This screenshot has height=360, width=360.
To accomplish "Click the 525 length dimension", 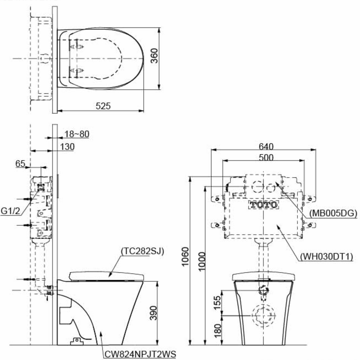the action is tap(103, 106).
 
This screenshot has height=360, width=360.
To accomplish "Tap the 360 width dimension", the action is tap(154, 56).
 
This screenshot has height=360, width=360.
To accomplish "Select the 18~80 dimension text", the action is tap(77, 134).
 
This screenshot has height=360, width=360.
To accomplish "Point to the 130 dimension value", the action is tap(67, 147).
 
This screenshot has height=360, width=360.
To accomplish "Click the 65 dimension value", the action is tap(20, 164).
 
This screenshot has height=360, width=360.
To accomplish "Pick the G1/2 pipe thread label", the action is tap(10, 211).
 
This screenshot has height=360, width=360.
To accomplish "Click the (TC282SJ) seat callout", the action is tap(143, 251).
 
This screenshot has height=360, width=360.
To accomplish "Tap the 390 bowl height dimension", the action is tap(154, 313).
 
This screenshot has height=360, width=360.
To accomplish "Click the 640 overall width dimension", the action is tap(266, 147).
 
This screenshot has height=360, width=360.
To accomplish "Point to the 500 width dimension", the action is tap(266, 158).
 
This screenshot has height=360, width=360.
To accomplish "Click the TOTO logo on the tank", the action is tap(264, 204).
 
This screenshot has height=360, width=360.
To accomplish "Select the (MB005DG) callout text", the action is tap(333, 213).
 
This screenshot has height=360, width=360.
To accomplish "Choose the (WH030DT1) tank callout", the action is tap(327, 256).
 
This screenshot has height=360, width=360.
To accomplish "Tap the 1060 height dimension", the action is tap(185, 256).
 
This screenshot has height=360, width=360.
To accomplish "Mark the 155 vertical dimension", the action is tap(217, 303).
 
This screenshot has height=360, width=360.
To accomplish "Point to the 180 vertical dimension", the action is tap(217, 331).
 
